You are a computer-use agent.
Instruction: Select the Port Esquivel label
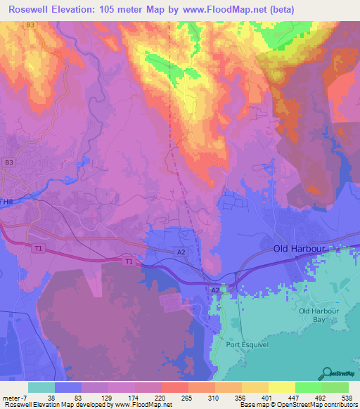(x=247, y=345)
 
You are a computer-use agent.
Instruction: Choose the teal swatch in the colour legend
(x=41, y=387)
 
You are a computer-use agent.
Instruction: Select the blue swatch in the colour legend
(x=68, y=387)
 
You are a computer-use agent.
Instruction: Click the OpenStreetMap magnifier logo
(x=326, y=372)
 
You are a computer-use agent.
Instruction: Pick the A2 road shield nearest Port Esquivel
(x=215, y=290)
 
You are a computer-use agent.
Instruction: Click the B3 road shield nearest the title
(x=30, y=25)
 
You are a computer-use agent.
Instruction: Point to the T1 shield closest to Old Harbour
(x=128, y=261)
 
